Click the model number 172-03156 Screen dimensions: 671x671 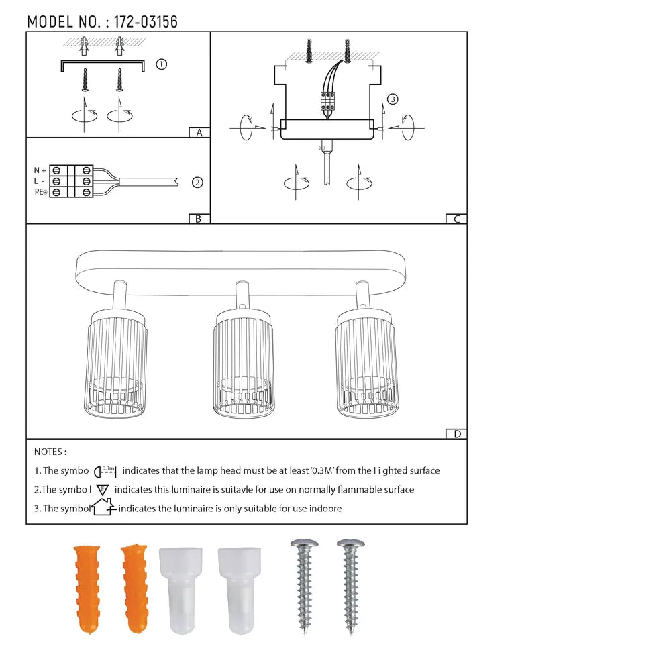click(x=146, y=21)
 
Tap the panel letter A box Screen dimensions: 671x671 click(x=199, y=132)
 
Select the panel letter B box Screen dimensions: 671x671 click(x=199, y=218)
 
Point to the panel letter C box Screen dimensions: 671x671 click(x=456, y=218)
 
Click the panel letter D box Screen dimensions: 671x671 click(x=456, y=433)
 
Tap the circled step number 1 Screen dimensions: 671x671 click(x=161, y=64)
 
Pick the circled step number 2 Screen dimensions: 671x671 click(x=197, y=182)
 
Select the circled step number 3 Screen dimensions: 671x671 click(x=393, y=99)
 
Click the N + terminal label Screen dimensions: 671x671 click(x=40, y=170)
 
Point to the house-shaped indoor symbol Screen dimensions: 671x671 click(x=103, y=507)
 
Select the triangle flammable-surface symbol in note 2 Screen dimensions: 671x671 click(x=103, y=490)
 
